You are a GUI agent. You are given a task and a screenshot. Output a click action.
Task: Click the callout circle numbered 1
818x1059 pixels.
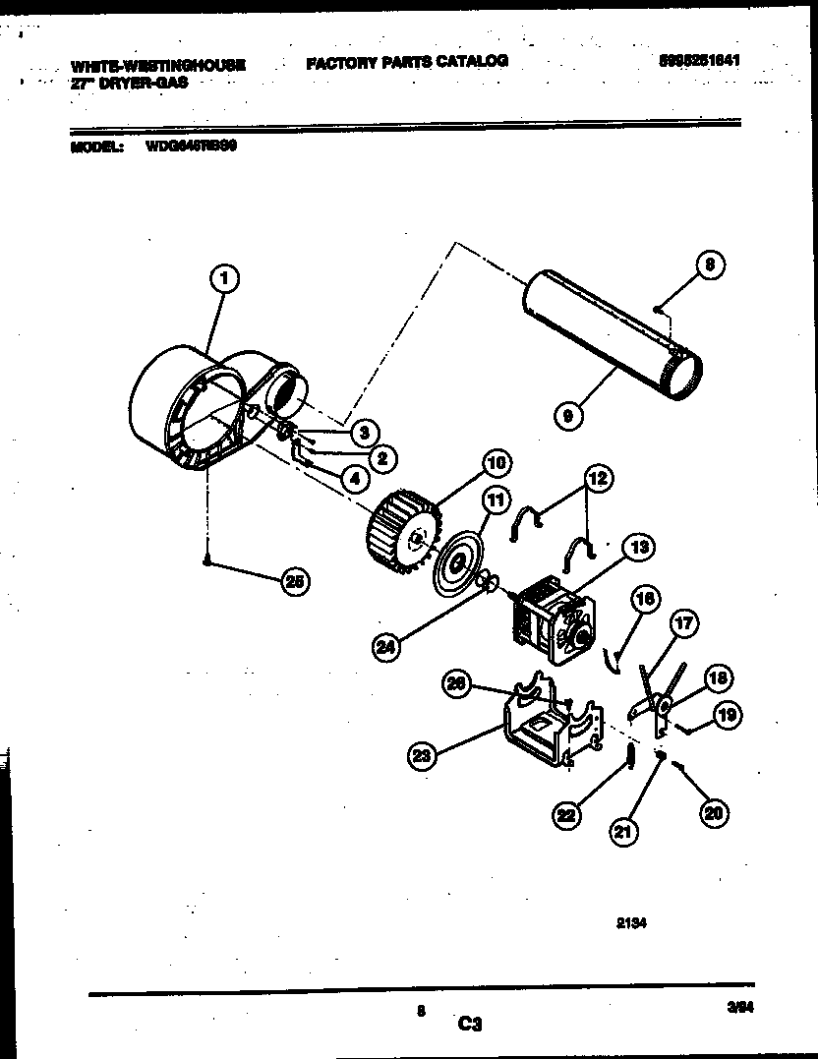coord(224,279)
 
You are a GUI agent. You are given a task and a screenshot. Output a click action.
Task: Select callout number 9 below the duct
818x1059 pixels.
coord(566,415)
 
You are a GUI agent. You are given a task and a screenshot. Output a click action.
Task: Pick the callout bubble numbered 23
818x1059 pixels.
coord(422,755)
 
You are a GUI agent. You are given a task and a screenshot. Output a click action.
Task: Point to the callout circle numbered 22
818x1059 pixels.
coord(566,815)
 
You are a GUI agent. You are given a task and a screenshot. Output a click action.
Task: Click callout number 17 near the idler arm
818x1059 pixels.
coord(683,622)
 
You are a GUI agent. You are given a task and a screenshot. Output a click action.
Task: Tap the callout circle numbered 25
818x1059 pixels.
coord(292,582)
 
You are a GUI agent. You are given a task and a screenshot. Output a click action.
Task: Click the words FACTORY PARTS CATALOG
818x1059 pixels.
coord(407,61)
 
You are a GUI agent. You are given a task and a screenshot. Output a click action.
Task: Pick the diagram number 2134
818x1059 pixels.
coord(633,923)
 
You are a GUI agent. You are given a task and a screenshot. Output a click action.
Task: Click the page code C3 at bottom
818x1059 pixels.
coord(470,1024)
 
